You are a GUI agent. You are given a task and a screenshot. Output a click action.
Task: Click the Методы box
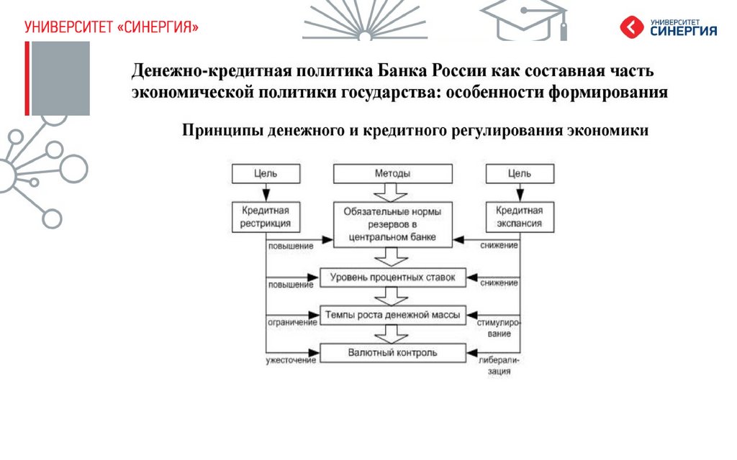(392, 173)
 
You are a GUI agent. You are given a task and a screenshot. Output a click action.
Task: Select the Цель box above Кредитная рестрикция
(266, 173)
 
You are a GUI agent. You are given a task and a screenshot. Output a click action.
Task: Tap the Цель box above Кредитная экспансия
(519, 173)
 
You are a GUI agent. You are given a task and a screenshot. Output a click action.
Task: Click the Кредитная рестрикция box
(266, 216)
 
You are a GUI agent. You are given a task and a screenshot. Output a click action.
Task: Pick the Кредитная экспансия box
(519, 216)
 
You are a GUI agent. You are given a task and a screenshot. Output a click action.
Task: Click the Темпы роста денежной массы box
(392, 314)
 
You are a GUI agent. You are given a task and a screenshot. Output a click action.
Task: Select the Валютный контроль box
(392, 352)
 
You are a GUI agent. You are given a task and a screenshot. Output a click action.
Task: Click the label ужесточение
(291, 359)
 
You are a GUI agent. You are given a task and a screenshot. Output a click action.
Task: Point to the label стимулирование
(497, 328)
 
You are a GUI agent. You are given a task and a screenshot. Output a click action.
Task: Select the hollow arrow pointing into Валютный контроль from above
(392, 333)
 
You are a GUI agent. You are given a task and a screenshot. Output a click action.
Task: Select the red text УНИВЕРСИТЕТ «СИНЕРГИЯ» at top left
(111, 27)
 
